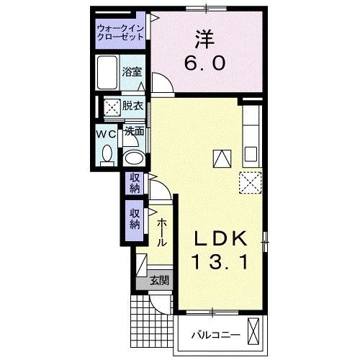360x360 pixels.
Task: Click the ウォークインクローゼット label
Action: [122, 34]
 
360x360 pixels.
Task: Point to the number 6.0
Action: [207, 63]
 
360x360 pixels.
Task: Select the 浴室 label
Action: [131, 73]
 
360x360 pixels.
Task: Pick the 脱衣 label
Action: [132, 107]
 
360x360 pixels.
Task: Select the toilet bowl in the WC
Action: [107, 153]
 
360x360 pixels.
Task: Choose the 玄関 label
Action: [160, 280]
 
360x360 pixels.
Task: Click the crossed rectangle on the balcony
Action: [253, 330]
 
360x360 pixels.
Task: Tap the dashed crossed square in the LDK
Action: [248, 182]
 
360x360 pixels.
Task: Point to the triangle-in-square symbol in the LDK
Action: [221, 158]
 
